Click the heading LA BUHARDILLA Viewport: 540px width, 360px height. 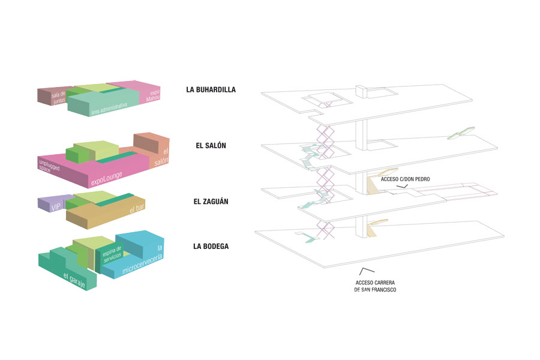(x=211, y=90)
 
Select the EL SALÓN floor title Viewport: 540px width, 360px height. (x=211, y=146)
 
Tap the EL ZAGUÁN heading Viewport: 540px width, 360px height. (x=211, y=202)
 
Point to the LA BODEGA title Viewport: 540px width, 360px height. (x=211, y=246)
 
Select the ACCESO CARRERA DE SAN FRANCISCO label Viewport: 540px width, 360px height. (x=376, y=286)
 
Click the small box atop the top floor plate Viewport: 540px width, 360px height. (x=362, y=92)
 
